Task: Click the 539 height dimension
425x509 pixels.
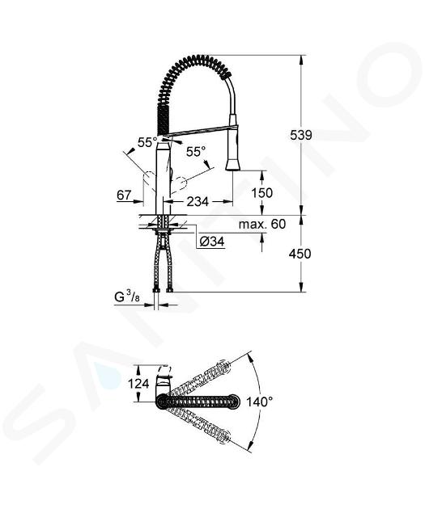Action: [301, 135]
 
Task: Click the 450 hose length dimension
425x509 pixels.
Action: [300, 254]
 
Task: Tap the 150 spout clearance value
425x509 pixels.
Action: [262, 193]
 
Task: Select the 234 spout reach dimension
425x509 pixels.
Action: [198, 202]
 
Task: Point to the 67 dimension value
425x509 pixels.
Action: [124, 195]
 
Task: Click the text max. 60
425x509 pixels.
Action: [262, 224]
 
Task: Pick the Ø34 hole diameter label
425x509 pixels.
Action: [212, 242]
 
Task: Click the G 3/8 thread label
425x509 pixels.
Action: [127, 297]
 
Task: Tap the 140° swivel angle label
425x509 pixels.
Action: [259, 402]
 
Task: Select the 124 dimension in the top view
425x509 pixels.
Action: [138, 384]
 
